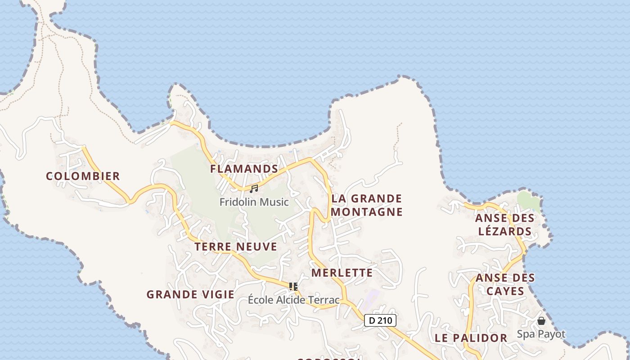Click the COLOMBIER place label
83,176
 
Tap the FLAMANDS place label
244,169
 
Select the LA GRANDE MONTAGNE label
367,205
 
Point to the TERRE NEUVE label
236,247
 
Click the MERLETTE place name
342,273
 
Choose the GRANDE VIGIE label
190,294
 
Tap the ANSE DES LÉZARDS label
505,225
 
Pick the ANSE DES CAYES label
505,284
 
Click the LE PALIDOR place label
471,338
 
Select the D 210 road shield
380,320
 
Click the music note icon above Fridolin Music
254,189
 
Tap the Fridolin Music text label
254,202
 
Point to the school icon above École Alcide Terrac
293,286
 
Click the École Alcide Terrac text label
294,300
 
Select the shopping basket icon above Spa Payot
541,321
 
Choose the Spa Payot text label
541,334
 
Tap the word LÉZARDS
505,232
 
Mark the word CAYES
505,291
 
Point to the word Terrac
324,300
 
